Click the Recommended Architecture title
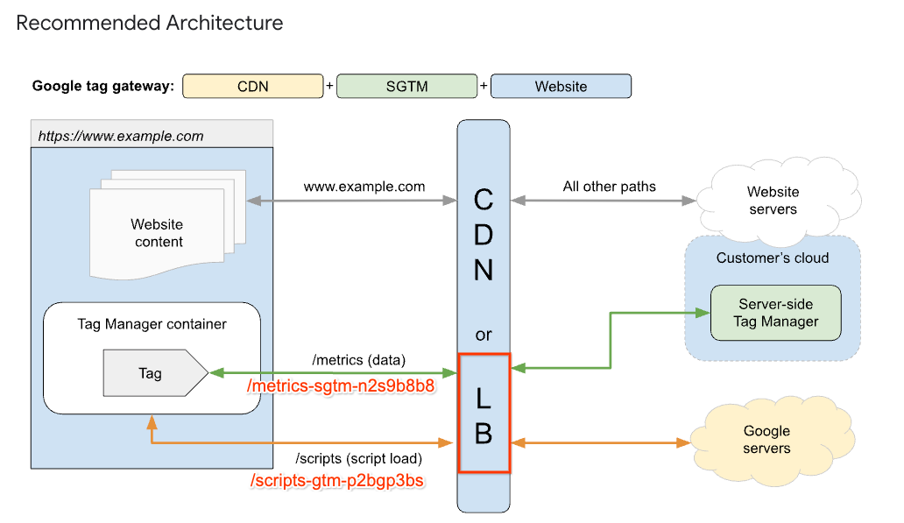pyautogui.click(x=150, y=24)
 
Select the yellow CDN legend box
pyautogui.click(x=252, y=86)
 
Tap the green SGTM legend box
pyautogui.click(x=406, y=86)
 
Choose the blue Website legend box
pyautogui.click(x=561, y=86)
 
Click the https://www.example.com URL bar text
pyautogui.click(x=121, y=136)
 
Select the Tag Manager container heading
pyautogui.click(x=152, y=324)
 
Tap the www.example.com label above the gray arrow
pyautogui.click(x=364, y=187)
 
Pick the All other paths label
pyautogui.click(x=609, y=187)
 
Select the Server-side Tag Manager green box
pyautogui.click(x=775, y=313)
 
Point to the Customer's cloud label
pyautogui.click(x=772, y=258)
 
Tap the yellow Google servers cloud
pyautogui.click(x=766, y=440)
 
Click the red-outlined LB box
pyautogui.click(x=484, y=413)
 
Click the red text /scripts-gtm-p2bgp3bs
pyautogui.click(x=337, y=481)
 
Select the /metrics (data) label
pyautogui.click(x=358, y=360)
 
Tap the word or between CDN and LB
pyautogui.click(x=484, y=335)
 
